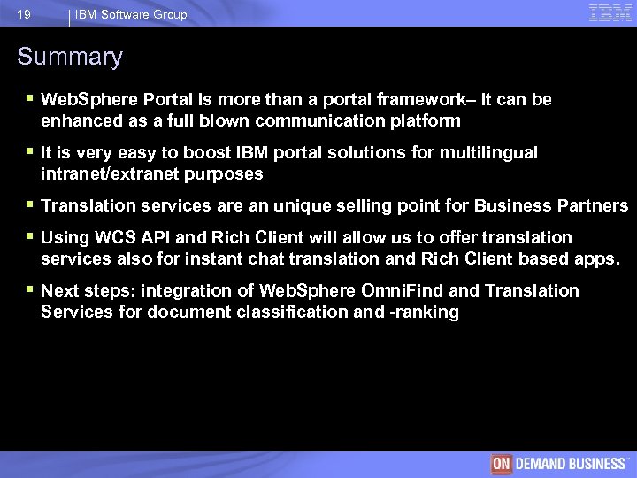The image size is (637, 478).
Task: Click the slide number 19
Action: coord(24,14)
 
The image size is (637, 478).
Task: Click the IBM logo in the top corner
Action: coord(610,12)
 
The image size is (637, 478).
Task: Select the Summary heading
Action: coord(70,58)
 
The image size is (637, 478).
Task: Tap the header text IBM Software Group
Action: coord(131,14)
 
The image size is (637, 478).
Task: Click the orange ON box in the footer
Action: coord(503,464)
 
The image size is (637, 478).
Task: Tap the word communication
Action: coord(295,120)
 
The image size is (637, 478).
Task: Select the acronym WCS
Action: coord(112,238)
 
